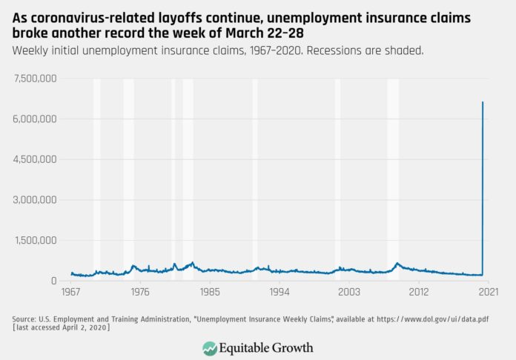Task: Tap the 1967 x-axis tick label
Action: pos(71,293)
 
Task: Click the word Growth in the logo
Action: pos(290,348)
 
